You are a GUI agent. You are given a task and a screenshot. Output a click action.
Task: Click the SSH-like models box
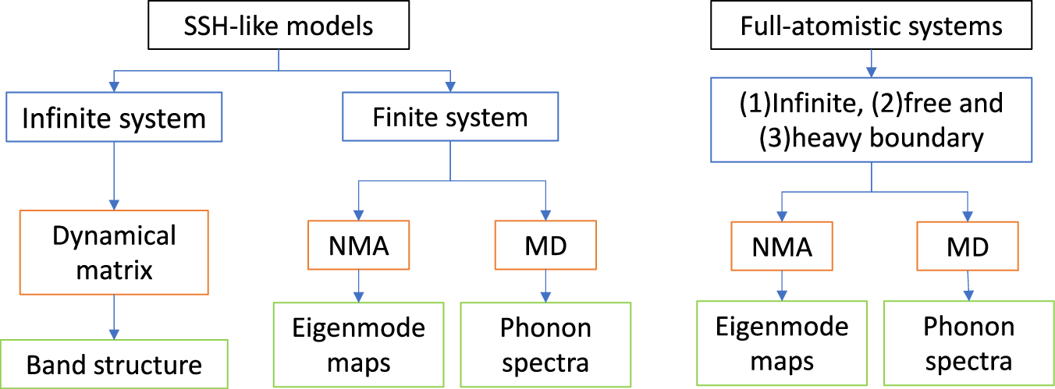point(278,27)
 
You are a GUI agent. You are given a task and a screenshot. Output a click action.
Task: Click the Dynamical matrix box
point(114,253)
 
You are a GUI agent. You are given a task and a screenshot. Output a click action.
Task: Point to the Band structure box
point(114,364)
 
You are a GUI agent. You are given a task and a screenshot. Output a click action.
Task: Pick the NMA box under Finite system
point(358,247)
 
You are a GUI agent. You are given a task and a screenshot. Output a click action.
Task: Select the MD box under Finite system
point(545,247)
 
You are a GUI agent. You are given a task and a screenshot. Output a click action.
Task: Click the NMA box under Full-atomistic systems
point(780,247)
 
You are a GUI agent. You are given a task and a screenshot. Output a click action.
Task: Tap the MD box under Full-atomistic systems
point(967,247)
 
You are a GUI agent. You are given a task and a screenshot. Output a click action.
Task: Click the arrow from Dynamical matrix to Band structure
point(114,317)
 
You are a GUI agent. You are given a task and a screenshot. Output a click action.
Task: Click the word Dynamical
point(114,235)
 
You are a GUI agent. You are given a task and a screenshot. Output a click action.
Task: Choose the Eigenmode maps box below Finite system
point(358,345)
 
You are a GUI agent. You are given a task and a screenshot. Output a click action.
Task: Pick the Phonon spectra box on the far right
point(968,344)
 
